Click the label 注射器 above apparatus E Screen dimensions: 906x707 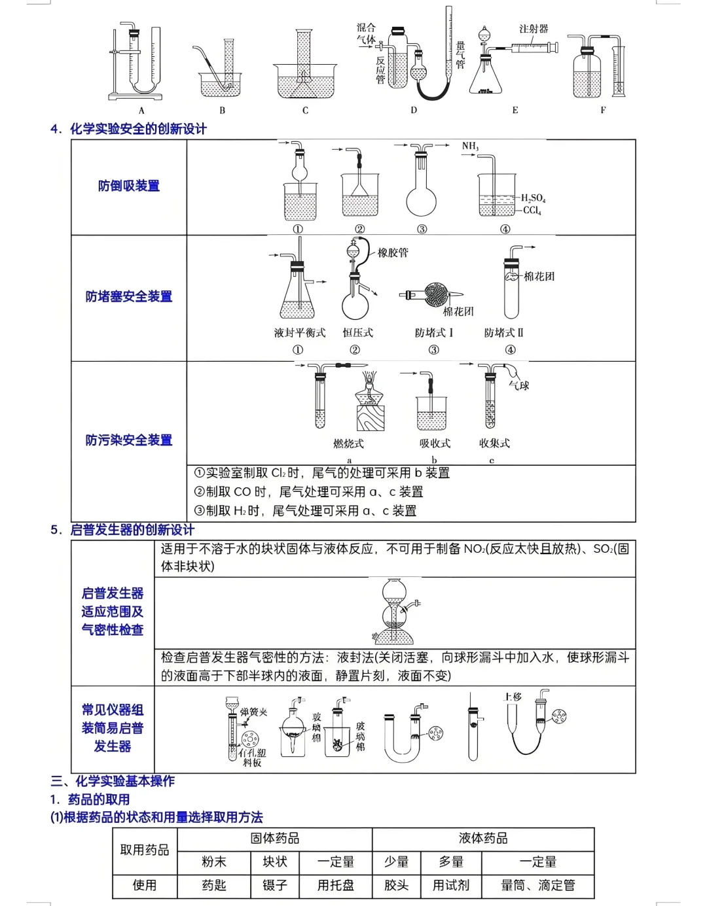534,29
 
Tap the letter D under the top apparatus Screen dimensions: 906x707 414,110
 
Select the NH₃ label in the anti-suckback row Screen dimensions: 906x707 470,146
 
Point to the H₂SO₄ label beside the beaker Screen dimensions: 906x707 533,198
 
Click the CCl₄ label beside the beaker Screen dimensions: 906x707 532,210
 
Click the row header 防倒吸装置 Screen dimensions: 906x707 129,186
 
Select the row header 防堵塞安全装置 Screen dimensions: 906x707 129,296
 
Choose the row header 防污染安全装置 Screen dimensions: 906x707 129,440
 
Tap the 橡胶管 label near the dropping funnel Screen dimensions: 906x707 393,253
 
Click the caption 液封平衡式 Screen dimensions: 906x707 299,332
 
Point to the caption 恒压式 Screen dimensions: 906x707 357,332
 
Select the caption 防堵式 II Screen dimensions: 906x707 503,332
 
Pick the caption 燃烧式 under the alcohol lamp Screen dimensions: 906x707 348,444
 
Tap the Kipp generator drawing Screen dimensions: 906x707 393,612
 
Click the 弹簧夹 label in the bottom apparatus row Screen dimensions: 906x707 253,712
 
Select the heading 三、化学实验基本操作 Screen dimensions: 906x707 113,781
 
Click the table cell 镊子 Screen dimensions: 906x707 275,885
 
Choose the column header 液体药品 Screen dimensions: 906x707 483,839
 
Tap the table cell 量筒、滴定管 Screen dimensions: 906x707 538,885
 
